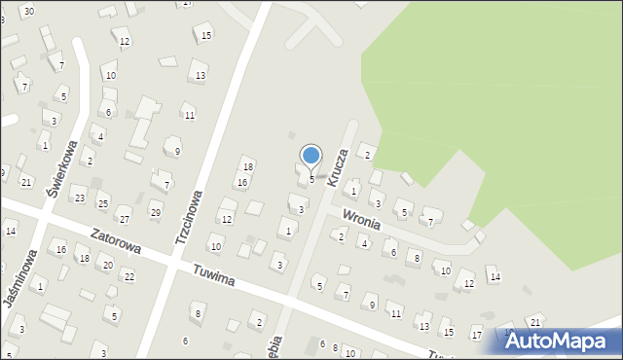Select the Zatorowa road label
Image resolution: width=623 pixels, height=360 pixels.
115,241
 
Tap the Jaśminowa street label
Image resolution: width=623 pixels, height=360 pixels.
18,280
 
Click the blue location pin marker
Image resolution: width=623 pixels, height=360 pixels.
311,156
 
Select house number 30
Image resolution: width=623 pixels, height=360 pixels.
29,11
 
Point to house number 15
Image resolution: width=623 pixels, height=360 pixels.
206,36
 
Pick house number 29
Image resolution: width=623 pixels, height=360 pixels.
155,212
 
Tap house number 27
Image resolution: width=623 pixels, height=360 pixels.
124,220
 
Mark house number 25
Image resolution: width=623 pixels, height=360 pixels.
102,203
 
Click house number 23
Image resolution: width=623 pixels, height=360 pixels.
80,198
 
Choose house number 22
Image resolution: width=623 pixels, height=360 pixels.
128,277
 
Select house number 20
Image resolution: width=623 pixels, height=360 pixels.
107,266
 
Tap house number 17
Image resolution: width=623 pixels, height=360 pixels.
476,335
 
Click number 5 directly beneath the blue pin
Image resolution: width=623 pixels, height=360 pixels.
311,179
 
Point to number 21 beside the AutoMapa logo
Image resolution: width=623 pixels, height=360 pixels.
534,322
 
